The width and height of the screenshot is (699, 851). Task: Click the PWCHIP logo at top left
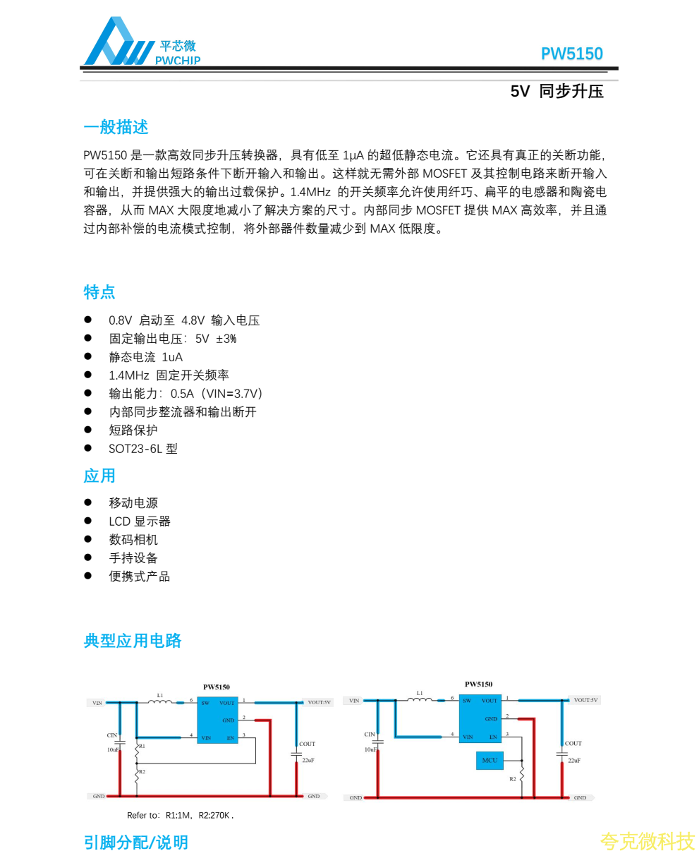pos(141,42)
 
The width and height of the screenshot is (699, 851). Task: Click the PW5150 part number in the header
pos(571,54)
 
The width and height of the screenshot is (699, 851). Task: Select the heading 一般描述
pos(116,128)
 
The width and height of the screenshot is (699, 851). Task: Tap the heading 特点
pos(99,292)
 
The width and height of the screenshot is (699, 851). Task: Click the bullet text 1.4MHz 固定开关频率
pos(169,375)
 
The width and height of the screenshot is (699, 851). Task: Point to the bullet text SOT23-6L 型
pos(142,449)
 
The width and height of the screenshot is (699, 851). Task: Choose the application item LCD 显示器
pos(139,521)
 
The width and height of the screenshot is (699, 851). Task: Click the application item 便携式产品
pos(139,577)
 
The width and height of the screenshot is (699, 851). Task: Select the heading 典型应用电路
pos(133,641)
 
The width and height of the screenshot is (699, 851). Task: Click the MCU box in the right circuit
pos(490,761)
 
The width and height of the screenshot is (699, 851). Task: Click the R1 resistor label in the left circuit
pos(142,746)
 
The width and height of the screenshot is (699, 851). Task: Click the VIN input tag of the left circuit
pos(97,703)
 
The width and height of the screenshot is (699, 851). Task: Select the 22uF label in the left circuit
pos(308,761)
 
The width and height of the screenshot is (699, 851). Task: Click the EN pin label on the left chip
pos(230,738)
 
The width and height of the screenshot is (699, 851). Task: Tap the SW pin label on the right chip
pos(467,701)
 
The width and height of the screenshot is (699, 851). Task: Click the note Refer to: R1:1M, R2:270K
pos(180,816)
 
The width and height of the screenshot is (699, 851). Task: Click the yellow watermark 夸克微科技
pos(647,841)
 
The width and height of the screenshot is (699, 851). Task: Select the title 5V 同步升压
pos(557,92)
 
